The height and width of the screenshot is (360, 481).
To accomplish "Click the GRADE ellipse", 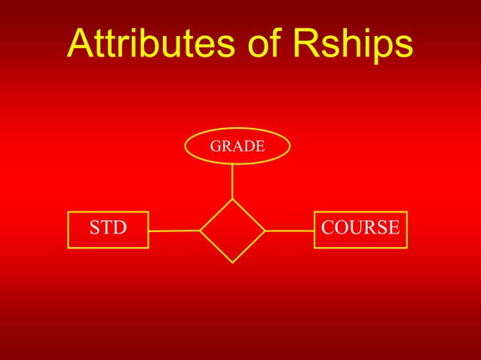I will click(237, 146).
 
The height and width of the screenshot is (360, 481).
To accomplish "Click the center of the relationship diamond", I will click(232, 230).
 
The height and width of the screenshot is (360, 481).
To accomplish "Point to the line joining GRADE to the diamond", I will click(232, 182).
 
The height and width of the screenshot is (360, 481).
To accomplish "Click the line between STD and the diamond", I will click(174, 230).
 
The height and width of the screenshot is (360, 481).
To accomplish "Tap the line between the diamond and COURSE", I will click(290, 230).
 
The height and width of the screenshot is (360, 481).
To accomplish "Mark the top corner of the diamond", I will click(232, 200).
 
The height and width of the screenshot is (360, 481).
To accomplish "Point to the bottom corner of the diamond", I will click(232, 262).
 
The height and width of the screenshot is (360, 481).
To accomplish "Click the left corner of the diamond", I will click(201, 230).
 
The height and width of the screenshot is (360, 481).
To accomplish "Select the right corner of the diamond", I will click(265, 230).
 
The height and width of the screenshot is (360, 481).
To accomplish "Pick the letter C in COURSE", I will click(328, 227).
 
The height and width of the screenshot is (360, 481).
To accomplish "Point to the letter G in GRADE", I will click(215, 146).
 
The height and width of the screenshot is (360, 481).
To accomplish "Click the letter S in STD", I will click(95, 227).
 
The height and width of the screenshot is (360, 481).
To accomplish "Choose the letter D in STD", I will click(120, 227).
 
